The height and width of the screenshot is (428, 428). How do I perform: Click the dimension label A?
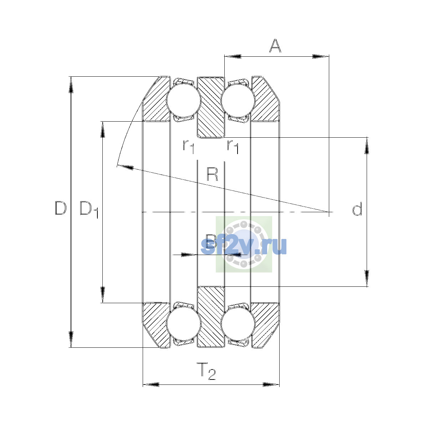[275, 46]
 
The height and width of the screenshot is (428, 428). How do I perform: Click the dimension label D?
[61, 208]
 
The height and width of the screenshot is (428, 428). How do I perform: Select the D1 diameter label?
[89, 209]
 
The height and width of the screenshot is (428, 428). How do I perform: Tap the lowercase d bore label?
[357, 209]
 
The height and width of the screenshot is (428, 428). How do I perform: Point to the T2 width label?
[206, 371]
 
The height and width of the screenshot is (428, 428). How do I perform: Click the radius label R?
[212, 174]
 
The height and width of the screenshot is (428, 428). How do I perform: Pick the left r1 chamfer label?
[189, 147]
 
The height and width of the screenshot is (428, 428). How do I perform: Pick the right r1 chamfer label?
[233, 147]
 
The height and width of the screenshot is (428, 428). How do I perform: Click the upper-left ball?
[184, 100]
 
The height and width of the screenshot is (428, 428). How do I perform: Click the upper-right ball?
[238, 101]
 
